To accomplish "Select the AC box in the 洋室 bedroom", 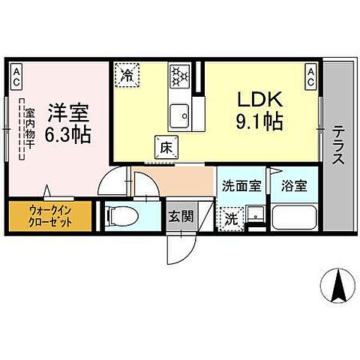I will point(16,72).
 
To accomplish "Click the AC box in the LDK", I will point(310,72).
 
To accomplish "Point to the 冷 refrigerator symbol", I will point(127,75).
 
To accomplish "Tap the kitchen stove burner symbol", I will point(179,76).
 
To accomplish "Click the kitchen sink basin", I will point(180,117).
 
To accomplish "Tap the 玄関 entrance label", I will point(178,217).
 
